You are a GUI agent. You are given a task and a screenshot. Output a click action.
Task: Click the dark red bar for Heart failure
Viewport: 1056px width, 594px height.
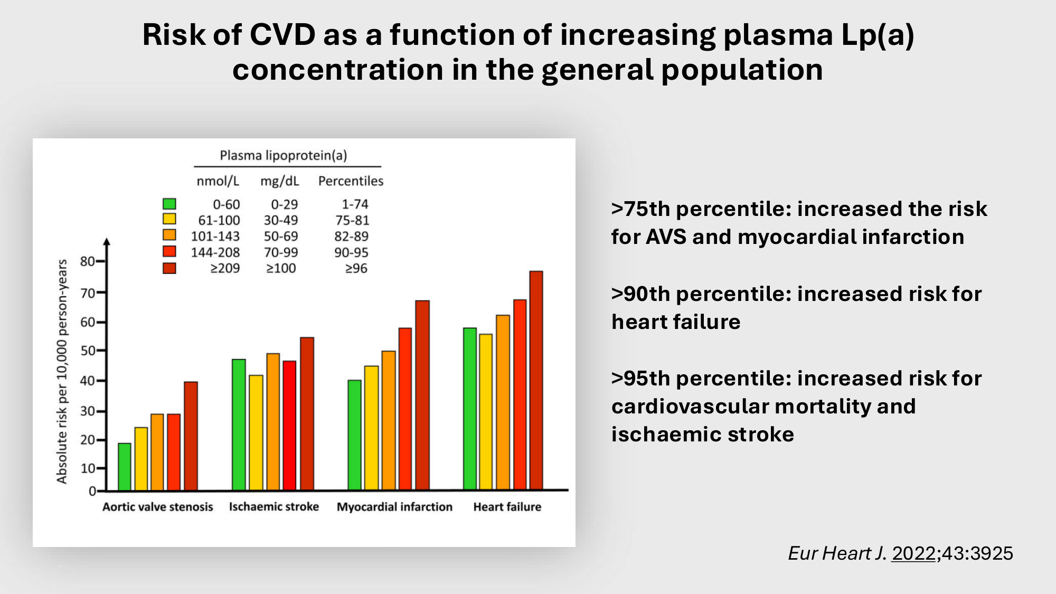(536, 380)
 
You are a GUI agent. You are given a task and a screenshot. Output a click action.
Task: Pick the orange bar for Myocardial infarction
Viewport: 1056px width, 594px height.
(389, 420)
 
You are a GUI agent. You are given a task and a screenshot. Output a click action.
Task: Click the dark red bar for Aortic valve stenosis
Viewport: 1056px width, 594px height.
(191, 436)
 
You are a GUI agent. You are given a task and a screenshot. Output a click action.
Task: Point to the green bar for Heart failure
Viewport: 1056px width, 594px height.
(470, 409)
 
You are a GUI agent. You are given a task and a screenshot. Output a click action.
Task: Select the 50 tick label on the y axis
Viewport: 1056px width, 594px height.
(87, 351)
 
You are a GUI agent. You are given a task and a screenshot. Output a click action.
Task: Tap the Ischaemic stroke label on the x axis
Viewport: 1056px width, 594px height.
(274, 507)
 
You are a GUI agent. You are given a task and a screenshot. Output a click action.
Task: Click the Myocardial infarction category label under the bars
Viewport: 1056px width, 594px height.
(394, 507)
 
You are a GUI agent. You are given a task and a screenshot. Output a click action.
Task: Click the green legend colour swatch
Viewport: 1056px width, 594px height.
(169, 204)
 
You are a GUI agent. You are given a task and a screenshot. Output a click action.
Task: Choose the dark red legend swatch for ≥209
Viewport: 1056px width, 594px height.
(169, 268)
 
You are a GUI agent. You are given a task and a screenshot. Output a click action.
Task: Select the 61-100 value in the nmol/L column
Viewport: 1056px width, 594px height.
(219, 220)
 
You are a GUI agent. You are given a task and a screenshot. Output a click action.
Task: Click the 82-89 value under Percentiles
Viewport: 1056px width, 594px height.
(351, 236)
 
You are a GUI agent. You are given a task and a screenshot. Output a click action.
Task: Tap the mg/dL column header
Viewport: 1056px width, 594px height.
(279, 181)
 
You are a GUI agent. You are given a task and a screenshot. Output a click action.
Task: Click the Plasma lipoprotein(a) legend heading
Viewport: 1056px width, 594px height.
(284, 155)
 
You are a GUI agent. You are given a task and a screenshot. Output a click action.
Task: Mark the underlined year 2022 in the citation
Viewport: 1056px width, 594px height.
(913, 553)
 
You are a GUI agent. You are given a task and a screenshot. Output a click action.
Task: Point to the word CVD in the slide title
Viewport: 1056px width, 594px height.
(282, 35)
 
